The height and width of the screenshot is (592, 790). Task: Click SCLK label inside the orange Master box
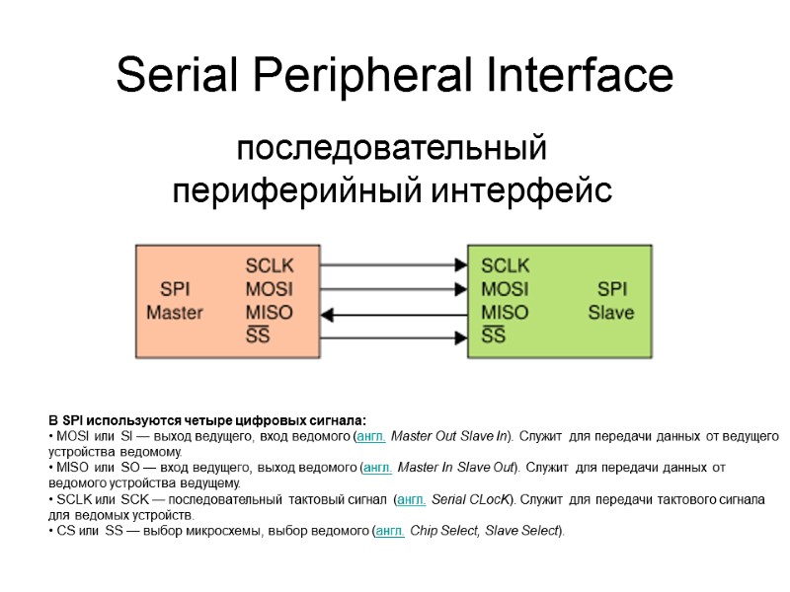tap(269, 265)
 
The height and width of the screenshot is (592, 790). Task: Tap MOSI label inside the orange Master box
tap(269, 289)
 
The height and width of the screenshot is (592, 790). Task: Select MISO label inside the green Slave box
tap(505, 313)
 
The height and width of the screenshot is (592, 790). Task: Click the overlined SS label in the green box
tap(494, 336)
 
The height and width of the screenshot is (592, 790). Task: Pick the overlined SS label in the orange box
tap(258, 336)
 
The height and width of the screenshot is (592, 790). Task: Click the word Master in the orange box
tap(175, 313)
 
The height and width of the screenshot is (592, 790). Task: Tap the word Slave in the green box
tap(611, 313)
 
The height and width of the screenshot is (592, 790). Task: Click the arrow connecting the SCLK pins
tap(394, 265)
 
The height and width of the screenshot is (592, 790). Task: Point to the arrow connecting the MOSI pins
tap(394, 290)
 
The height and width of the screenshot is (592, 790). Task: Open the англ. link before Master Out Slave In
tap(371, 436)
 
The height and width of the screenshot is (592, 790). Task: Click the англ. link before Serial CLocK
tap(411, 499)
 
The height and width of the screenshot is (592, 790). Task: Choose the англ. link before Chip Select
tap(392, 531)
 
